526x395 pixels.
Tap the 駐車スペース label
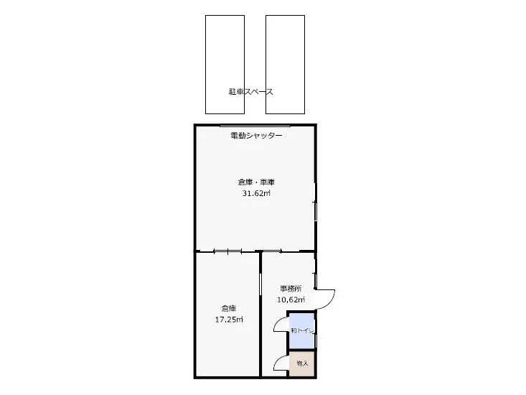pos(251,92)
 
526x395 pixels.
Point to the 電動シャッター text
pos(256,136)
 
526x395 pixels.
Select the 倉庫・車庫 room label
pos(256,182)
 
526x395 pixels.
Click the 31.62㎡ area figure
pos(256,193)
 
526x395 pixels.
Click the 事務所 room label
pos(291,289)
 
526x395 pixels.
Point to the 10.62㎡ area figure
pos(291,299)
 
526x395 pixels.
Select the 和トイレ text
pos(301,331)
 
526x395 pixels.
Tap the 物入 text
pos(302,363)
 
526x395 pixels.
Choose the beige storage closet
pos(301,368)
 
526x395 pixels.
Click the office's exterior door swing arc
pos(327,298)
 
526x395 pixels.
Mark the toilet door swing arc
pos(281,328)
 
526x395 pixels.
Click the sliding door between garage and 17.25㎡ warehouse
pos(227,251)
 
